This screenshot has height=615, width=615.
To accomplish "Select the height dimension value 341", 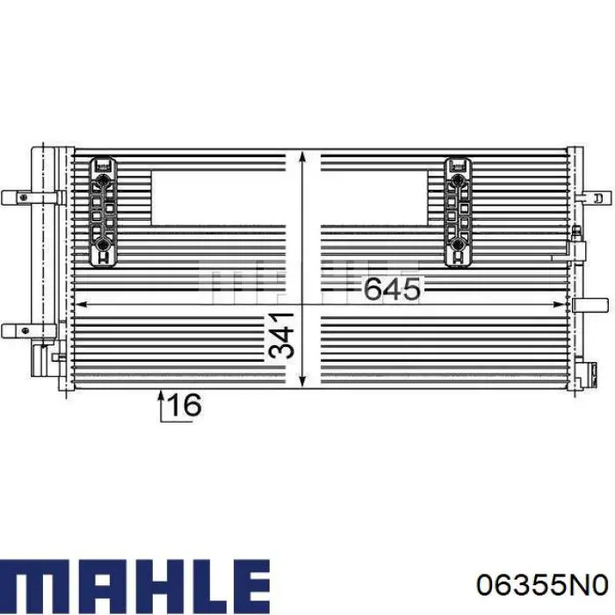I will pos(281,335).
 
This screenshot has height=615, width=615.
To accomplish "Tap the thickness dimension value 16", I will pos(184,405).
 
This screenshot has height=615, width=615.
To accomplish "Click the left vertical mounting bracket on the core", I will pos(105,210).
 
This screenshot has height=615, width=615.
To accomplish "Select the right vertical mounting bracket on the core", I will pos(457,210).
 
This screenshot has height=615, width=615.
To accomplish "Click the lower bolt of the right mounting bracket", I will pos(457,242).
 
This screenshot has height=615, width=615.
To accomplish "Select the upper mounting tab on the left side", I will pos(18,197).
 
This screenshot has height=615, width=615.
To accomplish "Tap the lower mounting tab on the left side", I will pos(18,329).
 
